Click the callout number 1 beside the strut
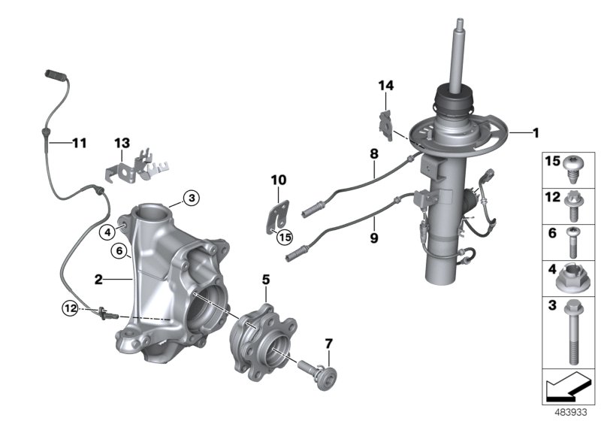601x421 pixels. [x=536, y=133]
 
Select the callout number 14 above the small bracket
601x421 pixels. [x=385, y=86]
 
